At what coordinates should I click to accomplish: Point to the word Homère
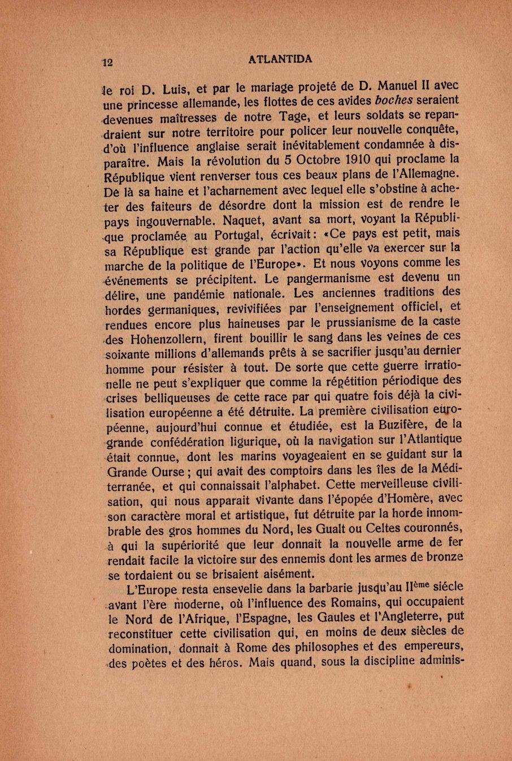405,498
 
